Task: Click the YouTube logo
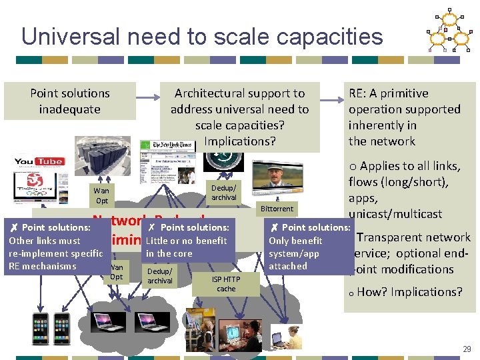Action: (x=39, y=162)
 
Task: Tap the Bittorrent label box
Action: (x=277, y=209)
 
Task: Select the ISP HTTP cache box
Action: (x=226, y=284)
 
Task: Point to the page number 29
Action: (x=467, y=349)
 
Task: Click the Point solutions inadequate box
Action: (x=69, y=101)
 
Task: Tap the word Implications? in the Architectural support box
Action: (x=239, y=141)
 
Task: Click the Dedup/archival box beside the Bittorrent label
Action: (x=224, y=192)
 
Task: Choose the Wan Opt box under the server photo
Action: (x=102, y=195)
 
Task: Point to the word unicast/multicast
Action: (x=395, y=214)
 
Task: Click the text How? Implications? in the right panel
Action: (x=410, y=292)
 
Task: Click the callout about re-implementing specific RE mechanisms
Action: (x=53, y=247)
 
